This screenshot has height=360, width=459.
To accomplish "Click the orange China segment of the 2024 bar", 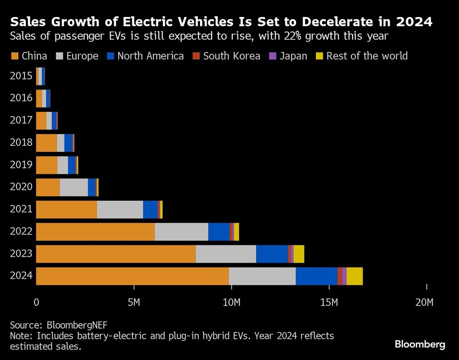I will (x=132, y=276).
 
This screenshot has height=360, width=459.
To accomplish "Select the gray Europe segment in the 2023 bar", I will (x=226, y=254).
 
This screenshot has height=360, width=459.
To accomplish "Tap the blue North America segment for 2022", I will (x=219, y=232).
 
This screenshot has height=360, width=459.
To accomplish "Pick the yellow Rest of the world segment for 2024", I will (x=354, y=276).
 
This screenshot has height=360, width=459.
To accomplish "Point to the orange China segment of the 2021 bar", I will (x=67, y=209).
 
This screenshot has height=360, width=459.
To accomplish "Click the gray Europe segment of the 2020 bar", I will (x=73, y=187).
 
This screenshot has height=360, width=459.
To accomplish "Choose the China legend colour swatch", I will (x=15, y=56).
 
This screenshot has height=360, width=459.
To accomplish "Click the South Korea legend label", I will (x=232, y=56).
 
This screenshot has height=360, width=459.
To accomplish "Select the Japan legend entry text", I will (x=293, y=56).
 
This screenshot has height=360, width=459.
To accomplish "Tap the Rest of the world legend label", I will (x=367, y=56).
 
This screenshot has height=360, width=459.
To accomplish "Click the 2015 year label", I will (x=21, y=76).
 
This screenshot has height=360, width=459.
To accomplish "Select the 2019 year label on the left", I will (x=21, y=165).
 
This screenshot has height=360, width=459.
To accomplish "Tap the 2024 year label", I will (x=21, y=276).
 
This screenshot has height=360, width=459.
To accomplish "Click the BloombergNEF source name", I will (x=77, y=325).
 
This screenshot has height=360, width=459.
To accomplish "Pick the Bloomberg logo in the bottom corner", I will (x=420, y=344).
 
